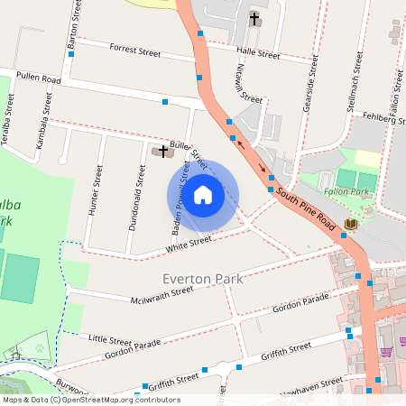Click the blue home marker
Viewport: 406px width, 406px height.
tap(203, 193)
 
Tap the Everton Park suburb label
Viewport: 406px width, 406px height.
tap(203, 279)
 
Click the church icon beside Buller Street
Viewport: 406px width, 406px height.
tap(163, 151)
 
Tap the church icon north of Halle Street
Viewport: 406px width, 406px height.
tap(254, 18)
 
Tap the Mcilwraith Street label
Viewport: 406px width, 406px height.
tap(162, 290)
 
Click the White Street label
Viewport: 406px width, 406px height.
tap(189, 244)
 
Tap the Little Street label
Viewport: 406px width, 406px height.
tap(110, 337)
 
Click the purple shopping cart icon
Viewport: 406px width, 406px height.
tap(387, 352)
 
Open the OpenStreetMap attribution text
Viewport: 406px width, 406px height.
tap(90, 400)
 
